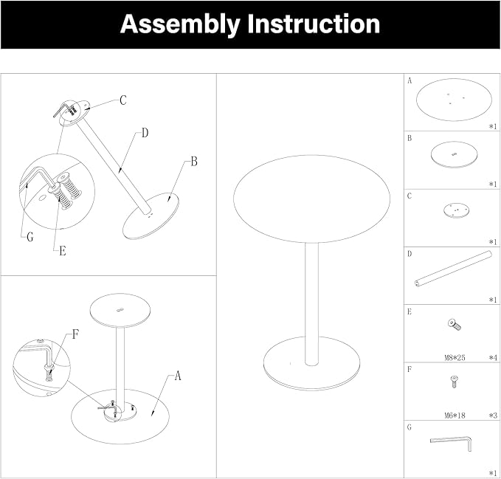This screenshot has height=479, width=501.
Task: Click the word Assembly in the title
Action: tap(182, 24)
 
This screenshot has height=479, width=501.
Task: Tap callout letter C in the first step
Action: tap(123, 100)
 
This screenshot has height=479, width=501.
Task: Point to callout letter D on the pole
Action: tap(145, 133)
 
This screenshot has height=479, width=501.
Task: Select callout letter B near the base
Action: tap(193, 160)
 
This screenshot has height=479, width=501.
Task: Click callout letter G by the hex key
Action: tap(30, 237)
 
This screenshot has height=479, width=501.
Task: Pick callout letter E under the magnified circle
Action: tap(63, 251)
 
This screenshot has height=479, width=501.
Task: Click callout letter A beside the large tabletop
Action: tap(178, 376)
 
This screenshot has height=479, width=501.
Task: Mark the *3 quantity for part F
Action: tap(492, 416)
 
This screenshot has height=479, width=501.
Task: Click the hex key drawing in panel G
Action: tap(452, 443)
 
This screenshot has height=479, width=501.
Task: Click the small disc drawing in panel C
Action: tap(457, 210)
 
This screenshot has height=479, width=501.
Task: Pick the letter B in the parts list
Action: tap(410, 138)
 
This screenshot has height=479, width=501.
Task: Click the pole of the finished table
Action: tap(311, 303)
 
